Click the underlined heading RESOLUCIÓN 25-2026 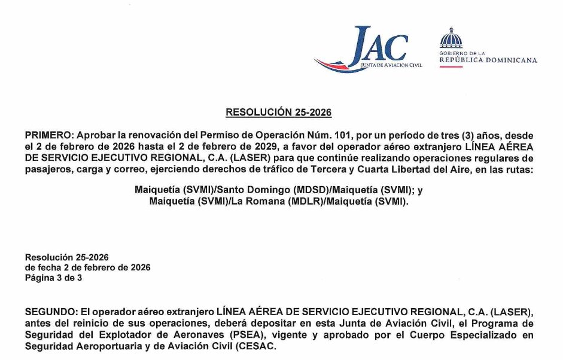click(278, 112)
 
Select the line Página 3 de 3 click(53, 278)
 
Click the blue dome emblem click(451, 38)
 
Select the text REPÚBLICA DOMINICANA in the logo click(488, 60)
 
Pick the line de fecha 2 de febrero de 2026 click(87, 267)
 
